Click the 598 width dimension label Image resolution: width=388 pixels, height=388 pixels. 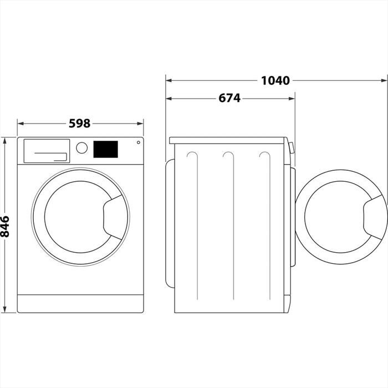point(80,124)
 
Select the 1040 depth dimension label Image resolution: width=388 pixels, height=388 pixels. point(275,80)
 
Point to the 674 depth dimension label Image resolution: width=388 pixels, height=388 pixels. point(229,98)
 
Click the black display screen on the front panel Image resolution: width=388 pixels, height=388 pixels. point(105,149)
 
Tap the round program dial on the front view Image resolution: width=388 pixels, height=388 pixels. point(81,148)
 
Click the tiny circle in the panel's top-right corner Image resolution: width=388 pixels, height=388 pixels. point(137,143)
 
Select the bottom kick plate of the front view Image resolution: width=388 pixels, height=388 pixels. point(80,303)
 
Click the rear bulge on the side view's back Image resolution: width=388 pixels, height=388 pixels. point(170,222)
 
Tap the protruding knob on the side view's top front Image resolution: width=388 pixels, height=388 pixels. point(292,147)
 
